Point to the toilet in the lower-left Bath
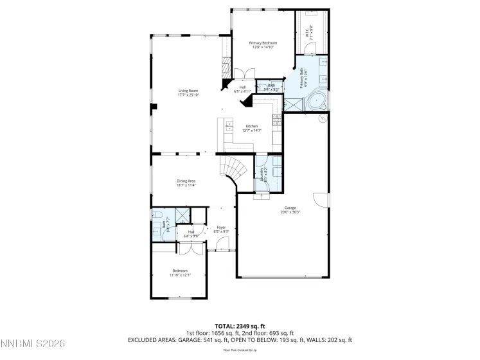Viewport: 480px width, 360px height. (x=156, y=215)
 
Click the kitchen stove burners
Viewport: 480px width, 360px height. (x=276, y=120)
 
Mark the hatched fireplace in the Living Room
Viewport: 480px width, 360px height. (x=225, y=67)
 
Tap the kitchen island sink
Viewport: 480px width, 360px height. (x=230, y=127)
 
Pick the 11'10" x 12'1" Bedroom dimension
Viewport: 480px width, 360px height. (x=180, y=274)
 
